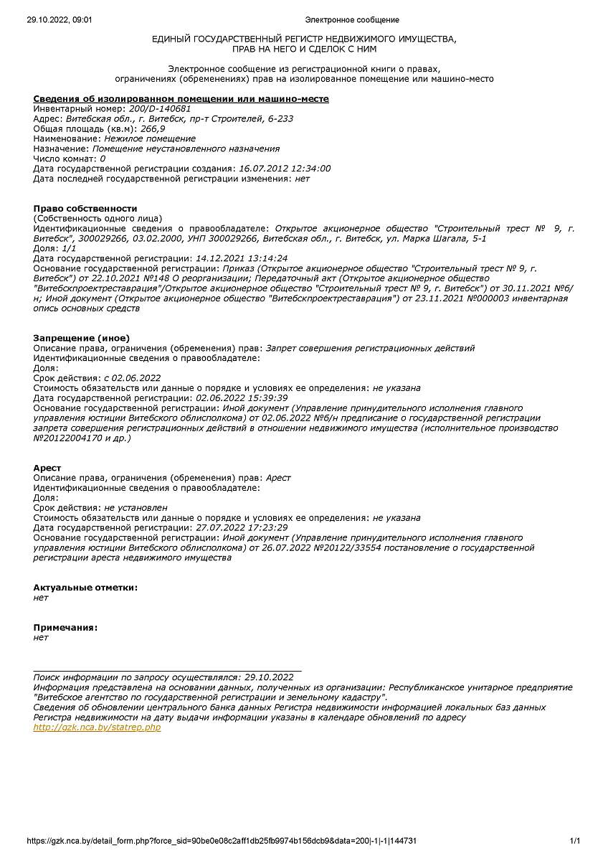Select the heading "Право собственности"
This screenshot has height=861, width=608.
click(x=85, y=208)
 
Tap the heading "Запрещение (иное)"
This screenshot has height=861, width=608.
click(x=81, y=338)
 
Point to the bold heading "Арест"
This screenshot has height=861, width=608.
click(x=47, y=468)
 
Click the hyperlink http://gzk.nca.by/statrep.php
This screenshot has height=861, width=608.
click(x=97, y=727)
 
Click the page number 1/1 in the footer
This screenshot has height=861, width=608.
click(x=574, y=841)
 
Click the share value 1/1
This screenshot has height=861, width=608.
click(x=70, y=248)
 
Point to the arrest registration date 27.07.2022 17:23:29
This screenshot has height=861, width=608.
click(x=242, y=527)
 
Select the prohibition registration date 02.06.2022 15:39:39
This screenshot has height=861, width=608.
click(x=242, y=397)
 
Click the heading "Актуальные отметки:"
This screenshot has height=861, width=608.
click(x=85, y=587)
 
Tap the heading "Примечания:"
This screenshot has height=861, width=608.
click(x=65, y=627)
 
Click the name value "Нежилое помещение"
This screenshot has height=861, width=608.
click(x=149, y=138)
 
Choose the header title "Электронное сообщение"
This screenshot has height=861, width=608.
click(x=352, y=20)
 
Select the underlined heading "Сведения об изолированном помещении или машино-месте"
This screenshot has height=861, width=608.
click(x=181, y=98)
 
